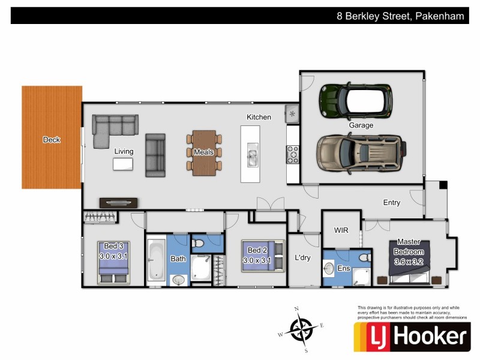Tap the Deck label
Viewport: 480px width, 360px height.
(x=52, y=140)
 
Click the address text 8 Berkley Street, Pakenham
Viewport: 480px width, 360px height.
(x=400, y=16)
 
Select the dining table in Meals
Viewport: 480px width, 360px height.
(x=204, y=152)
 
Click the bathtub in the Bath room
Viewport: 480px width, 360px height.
(x=156, y=260)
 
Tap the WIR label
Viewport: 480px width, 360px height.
(x=341, y=230)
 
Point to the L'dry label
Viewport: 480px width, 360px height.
(x=304, y=258)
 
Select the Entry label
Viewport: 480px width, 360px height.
(x=391, y=203)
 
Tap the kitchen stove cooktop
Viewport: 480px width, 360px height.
(x=293, y=154)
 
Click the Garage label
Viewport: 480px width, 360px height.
(x=361, y=125)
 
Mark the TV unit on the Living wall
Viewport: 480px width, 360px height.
(x=118, y=203)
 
